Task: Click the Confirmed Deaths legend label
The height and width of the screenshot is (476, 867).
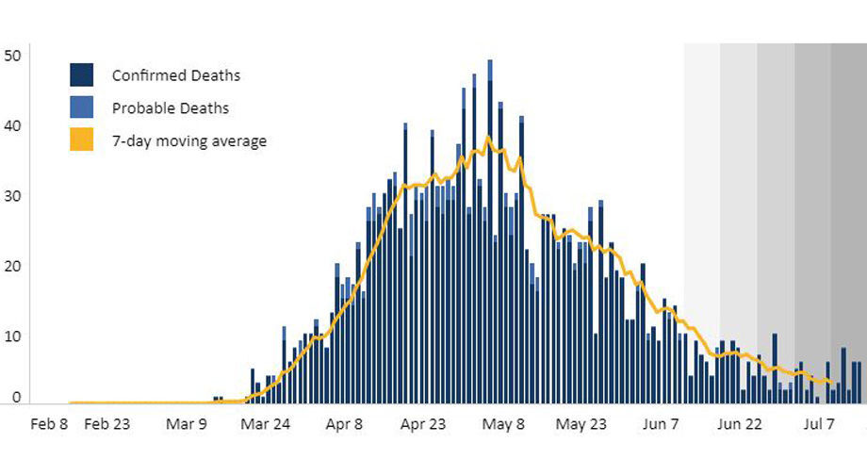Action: tap(175, 75)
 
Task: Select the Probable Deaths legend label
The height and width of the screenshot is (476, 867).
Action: tap(170, 108)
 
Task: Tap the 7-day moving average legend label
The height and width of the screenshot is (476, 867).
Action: tap(188, 141)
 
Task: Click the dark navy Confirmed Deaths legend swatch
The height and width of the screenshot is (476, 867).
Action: tap(81, 74)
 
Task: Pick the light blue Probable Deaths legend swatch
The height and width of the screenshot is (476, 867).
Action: tap(81, 107)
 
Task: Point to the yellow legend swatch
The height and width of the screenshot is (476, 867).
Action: tap(81, 140)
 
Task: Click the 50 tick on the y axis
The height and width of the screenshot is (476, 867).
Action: tap(12, 56)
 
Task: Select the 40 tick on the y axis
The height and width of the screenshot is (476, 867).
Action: tap(12, 125)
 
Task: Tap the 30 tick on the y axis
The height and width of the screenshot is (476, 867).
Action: tap(12, 196)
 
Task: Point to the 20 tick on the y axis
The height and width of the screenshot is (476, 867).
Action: tap(12, 266)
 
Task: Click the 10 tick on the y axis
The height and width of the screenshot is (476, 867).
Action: tap(12, 336)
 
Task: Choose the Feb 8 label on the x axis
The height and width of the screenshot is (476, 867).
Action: tap(50, 424)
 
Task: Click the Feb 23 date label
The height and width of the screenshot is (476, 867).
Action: tap(107, 424)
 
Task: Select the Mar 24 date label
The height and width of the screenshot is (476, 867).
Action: tap(266, 424)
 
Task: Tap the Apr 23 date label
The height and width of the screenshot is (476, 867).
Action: tap(423, 424)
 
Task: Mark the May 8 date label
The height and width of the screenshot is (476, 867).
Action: tap(502, 424)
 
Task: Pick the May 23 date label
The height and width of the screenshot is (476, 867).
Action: tap(581, 424)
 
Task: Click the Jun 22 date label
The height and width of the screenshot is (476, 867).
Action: tap(740, 424)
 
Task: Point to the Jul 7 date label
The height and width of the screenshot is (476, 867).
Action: tap(818, 424)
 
